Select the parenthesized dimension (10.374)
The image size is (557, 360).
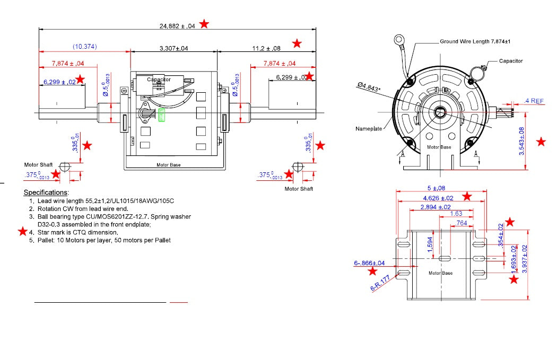[85, 47]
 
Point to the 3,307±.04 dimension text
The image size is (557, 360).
[173, 48]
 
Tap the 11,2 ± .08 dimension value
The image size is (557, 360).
[266, 48]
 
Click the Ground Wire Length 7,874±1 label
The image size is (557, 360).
[475, 41]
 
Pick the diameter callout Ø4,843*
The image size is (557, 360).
[369, 87]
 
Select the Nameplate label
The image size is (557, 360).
[368, 129]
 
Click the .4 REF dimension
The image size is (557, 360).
[534, 101]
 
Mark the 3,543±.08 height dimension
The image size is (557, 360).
[522, 141]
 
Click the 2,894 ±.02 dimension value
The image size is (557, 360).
[435, 207]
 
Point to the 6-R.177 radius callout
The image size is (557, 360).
[380, 283]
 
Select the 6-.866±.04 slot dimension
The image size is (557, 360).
[369, 263]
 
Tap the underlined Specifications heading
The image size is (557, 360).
[46, 192]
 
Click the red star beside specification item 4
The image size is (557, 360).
[22, 232]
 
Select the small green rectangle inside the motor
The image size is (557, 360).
[162, 115]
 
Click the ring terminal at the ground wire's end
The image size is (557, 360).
[399, 39]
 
